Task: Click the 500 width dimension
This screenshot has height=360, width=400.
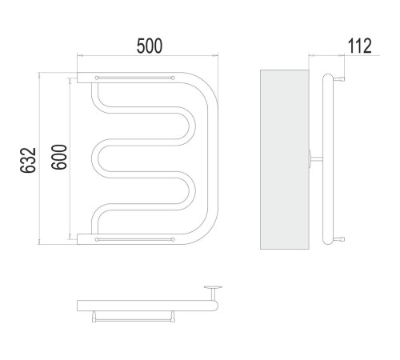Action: point(150,46)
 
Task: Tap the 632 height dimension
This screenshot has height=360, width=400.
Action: point(28,160)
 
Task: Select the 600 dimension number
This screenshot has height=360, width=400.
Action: point(59,157)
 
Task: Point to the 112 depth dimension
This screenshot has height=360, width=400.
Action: point(359,46)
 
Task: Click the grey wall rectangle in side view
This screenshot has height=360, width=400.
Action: point(285,159)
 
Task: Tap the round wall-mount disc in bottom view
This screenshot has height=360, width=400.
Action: point(213,287)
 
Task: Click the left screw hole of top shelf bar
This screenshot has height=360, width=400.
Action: point(97,78)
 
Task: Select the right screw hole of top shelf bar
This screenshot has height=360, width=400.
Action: point(173,78)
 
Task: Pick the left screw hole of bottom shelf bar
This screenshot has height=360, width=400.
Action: point(97,239)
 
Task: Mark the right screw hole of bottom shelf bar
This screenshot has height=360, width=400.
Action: point(173,239)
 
